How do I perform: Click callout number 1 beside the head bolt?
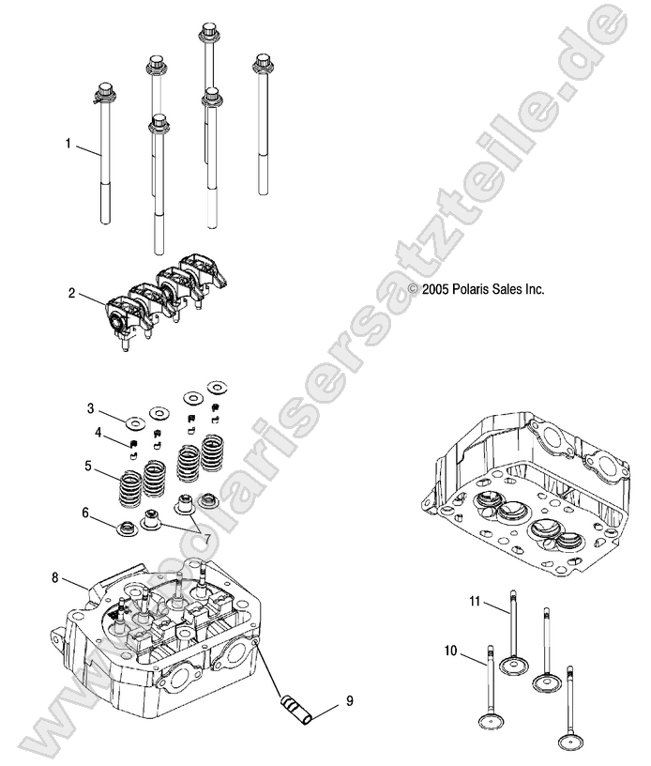point(68,144)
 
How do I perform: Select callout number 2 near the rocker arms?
point(70,293)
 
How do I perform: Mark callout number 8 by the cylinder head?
point(55,577)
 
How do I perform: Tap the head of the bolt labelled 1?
point(103,93)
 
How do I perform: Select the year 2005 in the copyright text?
point(436,290)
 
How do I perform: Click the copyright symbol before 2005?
point(413,290)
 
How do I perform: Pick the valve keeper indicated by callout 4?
point(134,445)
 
